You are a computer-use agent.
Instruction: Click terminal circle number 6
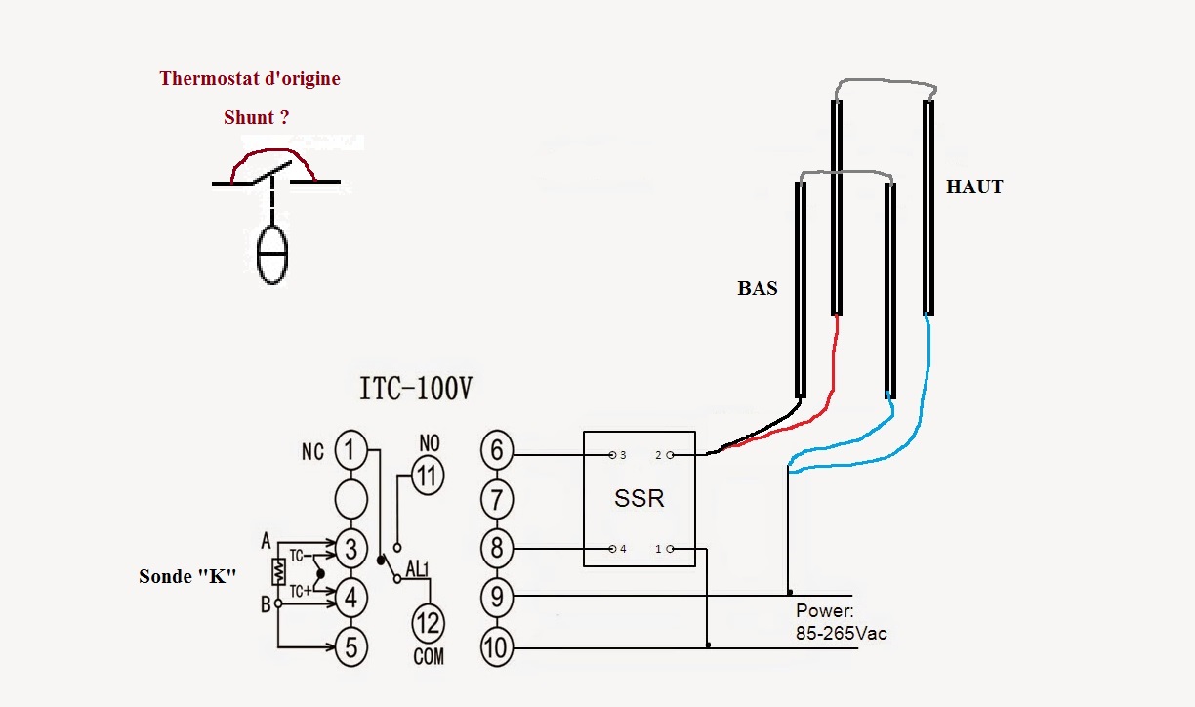click(x=497, y=450)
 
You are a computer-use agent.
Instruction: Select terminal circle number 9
click(x=497, y=597)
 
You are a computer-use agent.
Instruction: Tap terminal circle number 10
click(x=497, y=647)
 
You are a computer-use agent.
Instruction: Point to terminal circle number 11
click(x=428, y=476)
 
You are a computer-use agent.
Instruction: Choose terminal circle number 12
click(x=428, y=623)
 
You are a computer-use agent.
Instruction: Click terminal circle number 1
click(x=351, y=450)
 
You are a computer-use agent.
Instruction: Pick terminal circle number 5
click(x=351, y=647)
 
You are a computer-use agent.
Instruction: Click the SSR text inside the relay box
click(x=639, y=498)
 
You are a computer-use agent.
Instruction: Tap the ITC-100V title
click(x=416, y=388)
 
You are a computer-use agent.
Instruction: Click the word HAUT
click(x=974, y=187)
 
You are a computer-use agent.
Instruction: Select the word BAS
click(x=758, y=288)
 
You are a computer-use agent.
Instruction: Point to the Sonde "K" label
click(x=187, y=576)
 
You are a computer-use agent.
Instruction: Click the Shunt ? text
click(x=257, y=117)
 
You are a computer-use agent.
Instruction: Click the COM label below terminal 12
click(x=429, y=657)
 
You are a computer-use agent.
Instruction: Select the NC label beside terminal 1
click(x=312, y=452)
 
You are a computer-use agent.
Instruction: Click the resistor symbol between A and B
click(x=278, y=571)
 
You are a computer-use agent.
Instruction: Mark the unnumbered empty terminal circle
click(x=351, y=499)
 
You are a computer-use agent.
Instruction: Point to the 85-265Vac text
click(x=842, y=634)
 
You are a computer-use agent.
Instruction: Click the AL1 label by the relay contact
click(x=417, y=569)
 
